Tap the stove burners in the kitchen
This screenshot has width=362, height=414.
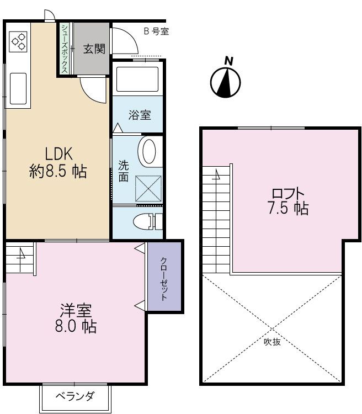click(19, 42)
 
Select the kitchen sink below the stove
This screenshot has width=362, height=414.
click(18, 88)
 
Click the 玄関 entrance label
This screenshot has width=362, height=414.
click(94, 49)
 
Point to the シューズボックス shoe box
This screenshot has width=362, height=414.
click(65, 49)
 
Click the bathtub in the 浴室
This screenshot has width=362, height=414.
click(137, 79)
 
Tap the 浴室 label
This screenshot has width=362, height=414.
click(140, 115)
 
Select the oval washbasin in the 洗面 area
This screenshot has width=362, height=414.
click(148, 152)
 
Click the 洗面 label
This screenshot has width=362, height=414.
click(124, 171)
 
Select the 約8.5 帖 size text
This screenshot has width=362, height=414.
click(57, 171)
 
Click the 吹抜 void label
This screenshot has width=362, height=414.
click(271, 342)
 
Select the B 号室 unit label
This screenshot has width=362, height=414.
click(156, 31)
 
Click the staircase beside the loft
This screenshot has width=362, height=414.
click(216, 221)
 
